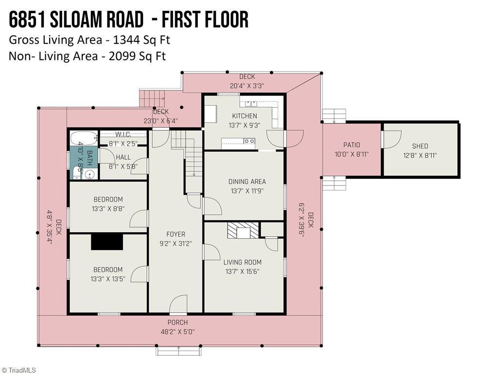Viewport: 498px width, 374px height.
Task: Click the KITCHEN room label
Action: pos(244,116)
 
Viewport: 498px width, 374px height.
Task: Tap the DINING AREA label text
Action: pos(247,182)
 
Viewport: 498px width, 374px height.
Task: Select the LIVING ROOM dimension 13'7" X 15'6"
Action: pos(243,272)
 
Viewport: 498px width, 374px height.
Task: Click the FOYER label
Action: pos(176,234)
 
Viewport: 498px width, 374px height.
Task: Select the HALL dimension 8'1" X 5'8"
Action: pos(124,166)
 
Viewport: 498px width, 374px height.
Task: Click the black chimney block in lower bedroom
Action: pos(107,242)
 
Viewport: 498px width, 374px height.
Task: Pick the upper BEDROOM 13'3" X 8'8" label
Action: pos(108,199)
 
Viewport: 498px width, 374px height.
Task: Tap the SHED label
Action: pos(420,146)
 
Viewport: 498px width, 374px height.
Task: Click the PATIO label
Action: pos(352,145)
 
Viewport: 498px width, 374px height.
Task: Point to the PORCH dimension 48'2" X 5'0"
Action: pos(178,332)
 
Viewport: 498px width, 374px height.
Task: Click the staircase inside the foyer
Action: pos(194,156)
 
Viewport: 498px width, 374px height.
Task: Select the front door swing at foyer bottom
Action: pos(178,304)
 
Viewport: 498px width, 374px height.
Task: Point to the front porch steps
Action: pos(178,350)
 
